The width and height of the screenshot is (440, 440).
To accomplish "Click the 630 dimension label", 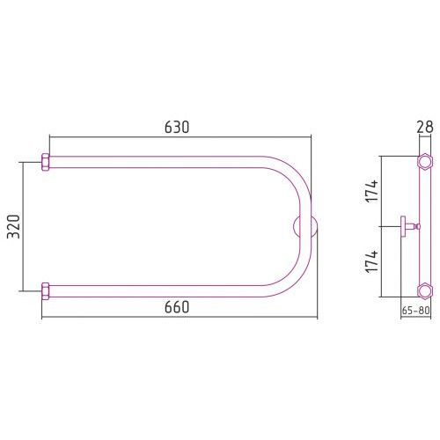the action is coord(177,127).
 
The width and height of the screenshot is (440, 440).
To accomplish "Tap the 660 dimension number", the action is coord(177,307).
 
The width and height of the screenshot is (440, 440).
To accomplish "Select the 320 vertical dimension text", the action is coord(13,226).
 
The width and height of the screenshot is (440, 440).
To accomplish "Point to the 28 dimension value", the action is coord(425,127).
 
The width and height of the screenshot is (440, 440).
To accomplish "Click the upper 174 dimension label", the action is coord(371,191).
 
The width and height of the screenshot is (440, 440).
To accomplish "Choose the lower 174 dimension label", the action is coord(371,262).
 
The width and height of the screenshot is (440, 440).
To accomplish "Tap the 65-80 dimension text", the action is coord(415,311).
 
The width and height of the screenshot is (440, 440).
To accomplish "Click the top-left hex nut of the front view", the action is coord(46,162).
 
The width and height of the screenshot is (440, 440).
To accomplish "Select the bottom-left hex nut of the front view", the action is coord(46,291).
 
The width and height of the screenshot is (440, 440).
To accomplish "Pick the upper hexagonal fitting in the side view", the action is coord(425,162).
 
